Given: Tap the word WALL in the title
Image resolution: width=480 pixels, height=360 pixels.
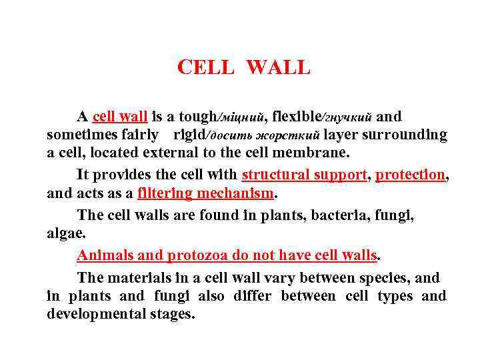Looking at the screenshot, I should [x=278, y=67].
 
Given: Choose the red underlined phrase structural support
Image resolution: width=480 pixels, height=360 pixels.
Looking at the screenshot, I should [x=304, y=175].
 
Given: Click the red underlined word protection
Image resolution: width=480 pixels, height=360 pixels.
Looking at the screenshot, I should [x=409, y=175].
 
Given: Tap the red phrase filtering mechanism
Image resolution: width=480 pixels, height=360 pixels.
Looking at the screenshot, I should [x=206, y=193].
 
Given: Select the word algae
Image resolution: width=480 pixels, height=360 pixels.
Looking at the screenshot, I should [x=65, y=233].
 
